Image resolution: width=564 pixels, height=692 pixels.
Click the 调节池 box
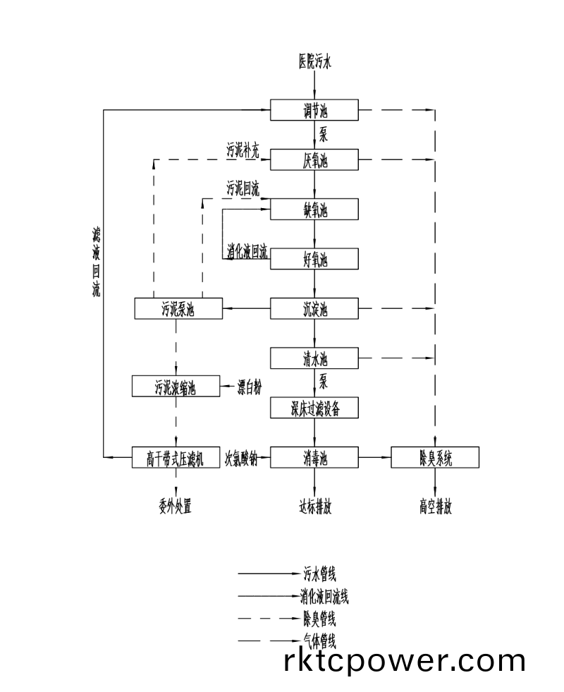click(314, 110)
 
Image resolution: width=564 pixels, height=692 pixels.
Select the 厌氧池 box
click(314, 160)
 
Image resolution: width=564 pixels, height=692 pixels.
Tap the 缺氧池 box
click(314, 210)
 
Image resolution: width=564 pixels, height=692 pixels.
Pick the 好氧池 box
click(314, 259)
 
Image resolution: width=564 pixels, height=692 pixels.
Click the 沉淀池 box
click(314, 308)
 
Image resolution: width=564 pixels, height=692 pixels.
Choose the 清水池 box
click(314, 358)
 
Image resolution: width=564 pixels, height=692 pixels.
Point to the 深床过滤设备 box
click(314, 408)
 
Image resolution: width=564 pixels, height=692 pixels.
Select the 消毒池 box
click(314, 458)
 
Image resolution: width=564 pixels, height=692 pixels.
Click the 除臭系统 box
click(435, 458)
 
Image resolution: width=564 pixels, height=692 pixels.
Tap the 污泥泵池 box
click(178, 308)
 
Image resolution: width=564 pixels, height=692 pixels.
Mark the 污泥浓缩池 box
click(175, 387)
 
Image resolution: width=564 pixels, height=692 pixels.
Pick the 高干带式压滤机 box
click(175, 458)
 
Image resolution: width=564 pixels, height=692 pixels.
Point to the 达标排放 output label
click(314, 506)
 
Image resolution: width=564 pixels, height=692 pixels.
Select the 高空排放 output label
click(435, 506)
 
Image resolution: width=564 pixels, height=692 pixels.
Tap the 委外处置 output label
click(176, 506)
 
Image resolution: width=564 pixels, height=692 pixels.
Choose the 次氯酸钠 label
click(241, 459)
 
